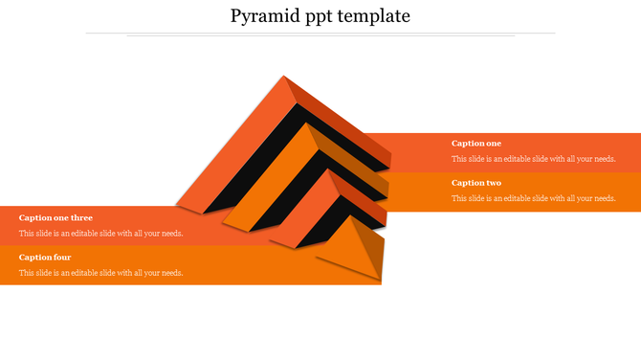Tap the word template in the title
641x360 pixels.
point(380,16)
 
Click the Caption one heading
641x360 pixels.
point(475,144)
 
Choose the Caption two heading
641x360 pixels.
point(475,183)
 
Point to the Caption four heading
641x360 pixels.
point(45,258)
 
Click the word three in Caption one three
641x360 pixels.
point(80,218)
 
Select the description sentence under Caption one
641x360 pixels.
point(533,159)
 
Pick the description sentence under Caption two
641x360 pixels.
point(533,198)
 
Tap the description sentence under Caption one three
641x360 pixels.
point(100,234)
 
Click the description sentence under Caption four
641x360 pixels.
point(100,273)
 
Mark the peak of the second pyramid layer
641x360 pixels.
point(307,127)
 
